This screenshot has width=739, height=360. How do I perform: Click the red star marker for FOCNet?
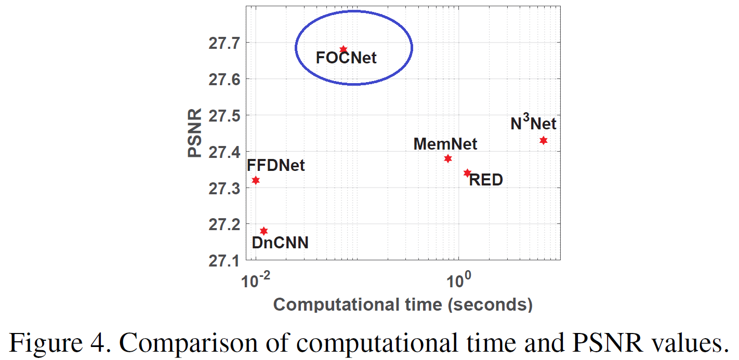(343, 49)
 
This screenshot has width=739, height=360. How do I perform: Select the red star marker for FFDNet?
(256, 180)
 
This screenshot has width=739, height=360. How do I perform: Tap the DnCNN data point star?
(263, 231)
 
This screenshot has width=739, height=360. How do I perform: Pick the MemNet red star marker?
(448, 158)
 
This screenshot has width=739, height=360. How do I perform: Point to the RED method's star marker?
(467, 172)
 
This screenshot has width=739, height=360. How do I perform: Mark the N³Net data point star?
(544, 140)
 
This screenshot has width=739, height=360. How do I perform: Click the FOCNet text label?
(346, 58)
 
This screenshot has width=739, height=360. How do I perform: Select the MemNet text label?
(445, 144)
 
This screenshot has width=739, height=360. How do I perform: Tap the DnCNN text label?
(280, 243)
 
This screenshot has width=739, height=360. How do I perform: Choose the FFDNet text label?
(276, 166)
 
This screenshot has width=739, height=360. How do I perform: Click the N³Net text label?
(533, 123)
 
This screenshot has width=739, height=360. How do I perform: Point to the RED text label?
(486, 181)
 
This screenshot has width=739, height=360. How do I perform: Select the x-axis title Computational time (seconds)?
(403, 304)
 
